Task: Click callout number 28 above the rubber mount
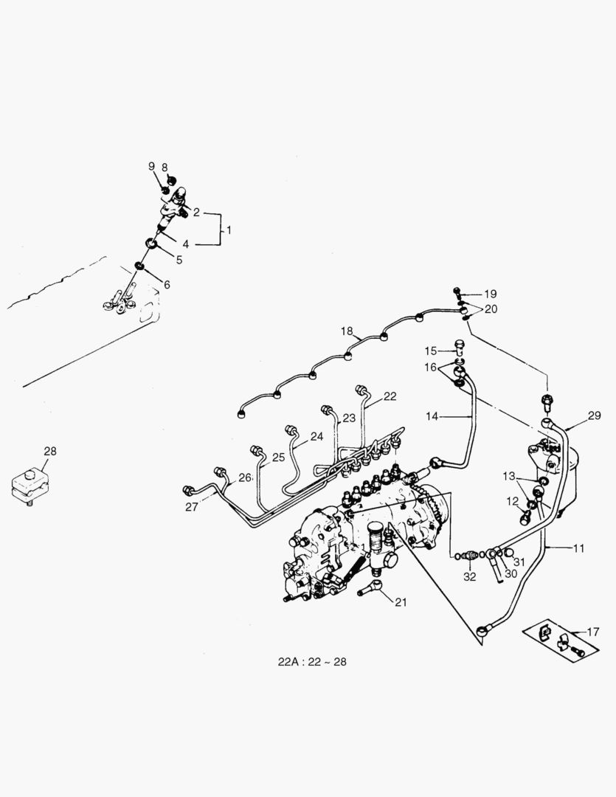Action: click(49, 451)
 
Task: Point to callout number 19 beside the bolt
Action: click(491, 293)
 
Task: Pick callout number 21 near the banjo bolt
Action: click(401, 602)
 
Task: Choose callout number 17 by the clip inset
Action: click(592, 631)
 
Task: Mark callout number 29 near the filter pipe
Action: click(595, 416)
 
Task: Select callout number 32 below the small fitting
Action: click(470, 577)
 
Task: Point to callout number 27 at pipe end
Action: click(192, 506)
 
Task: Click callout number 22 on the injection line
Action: click(390, 396)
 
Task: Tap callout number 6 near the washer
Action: click(166, 285)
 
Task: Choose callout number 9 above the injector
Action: click(151, 167)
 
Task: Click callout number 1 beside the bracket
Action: click(229, 230)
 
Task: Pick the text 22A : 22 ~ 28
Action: click(312, 662)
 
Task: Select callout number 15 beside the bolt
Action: click(430, 350)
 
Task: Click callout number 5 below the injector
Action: click(178, 259)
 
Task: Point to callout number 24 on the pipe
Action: click(316, 436)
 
